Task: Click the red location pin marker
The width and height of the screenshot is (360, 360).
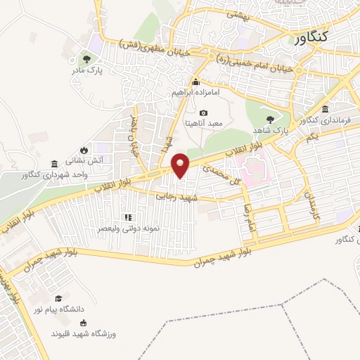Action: [181, 165]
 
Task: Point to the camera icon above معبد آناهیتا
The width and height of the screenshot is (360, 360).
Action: [203, 113]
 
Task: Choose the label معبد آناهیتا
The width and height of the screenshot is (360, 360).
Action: [203, 123]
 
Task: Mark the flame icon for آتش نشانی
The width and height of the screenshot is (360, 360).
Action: [83, 149]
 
